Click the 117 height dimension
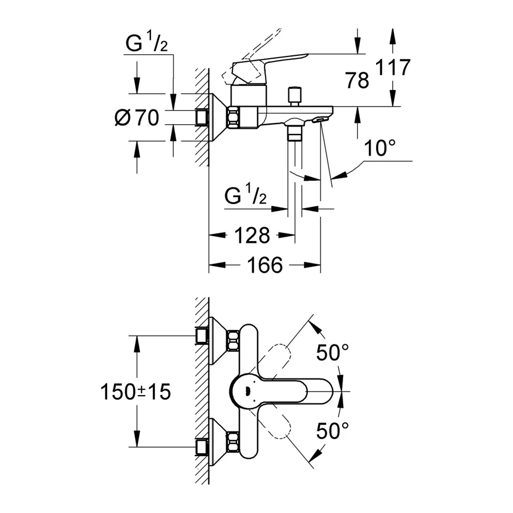[393, 68]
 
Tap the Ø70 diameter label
[136, 118]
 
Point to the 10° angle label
[380, 149]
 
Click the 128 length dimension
[251, 234]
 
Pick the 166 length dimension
[266, 264]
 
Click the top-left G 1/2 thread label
[146, 44]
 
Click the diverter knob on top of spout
[295, 95]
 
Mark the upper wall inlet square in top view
[200, 336]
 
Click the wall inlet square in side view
[201, 117]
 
